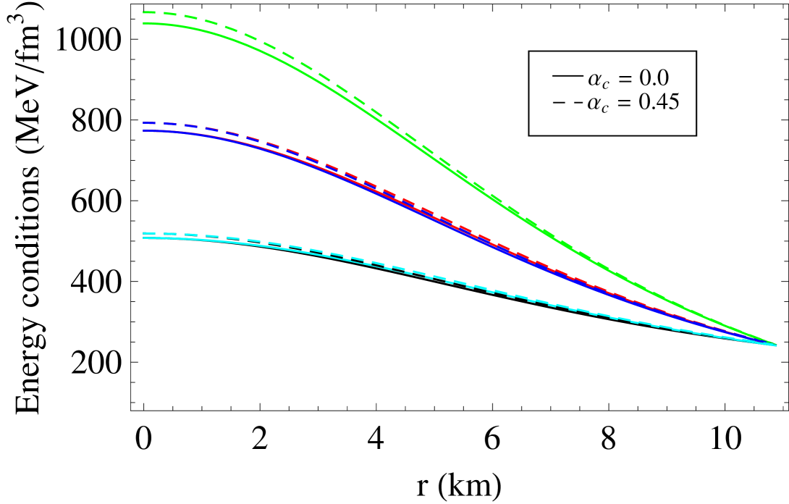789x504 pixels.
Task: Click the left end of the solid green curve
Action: [143, 23]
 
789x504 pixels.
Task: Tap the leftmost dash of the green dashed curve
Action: [149, 12]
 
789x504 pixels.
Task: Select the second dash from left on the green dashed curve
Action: [170, 14]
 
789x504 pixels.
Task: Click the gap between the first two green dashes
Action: [160, 12]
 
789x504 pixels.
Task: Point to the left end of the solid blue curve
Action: [143, 130]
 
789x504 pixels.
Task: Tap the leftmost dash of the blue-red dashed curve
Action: [149, 123]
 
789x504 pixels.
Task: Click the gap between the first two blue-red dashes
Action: [160, 123]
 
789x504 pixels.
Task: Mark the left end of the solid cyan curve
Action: [143, 238]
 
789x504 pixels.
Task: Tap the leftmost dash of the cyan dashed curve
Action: [149, 233]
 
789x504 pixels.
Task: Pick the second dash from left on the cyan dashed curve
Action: [170, 234]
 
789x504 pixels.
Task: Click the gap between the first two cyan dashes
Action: [160, 233]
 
